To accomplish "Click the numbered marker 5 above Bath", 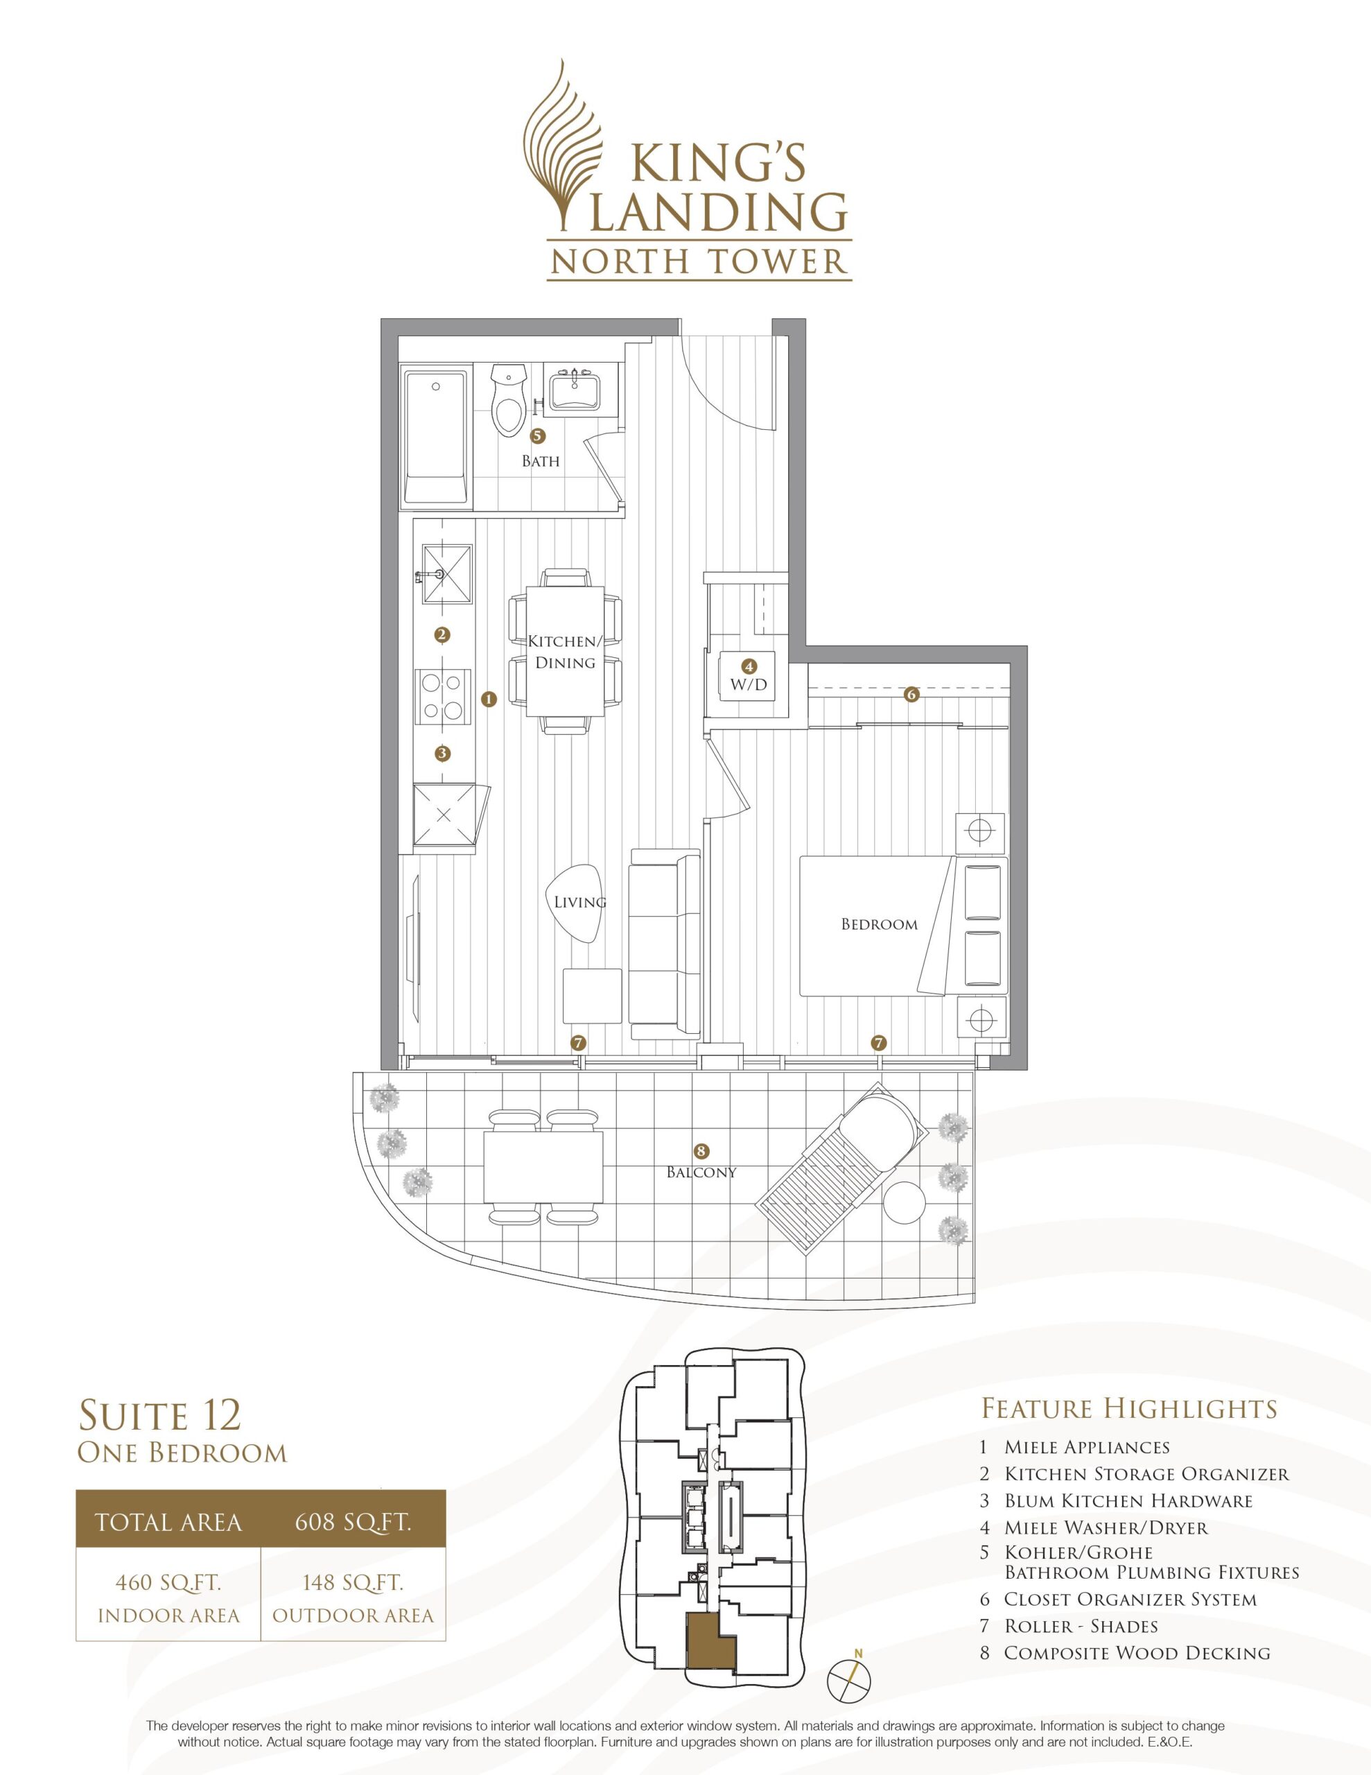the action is point(537,435).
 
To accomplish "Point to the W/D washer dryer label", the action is point(748,685).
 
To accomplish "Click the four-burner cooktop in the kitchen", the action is point(444,697).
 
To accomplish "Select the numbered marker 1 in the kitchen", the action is point(489,698).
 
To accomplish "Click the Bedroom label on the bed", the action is point(880,924).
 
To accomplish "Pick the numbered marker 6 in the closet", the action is point(911,695).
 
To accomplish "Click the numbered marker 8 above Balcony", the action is point(701,1151).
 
